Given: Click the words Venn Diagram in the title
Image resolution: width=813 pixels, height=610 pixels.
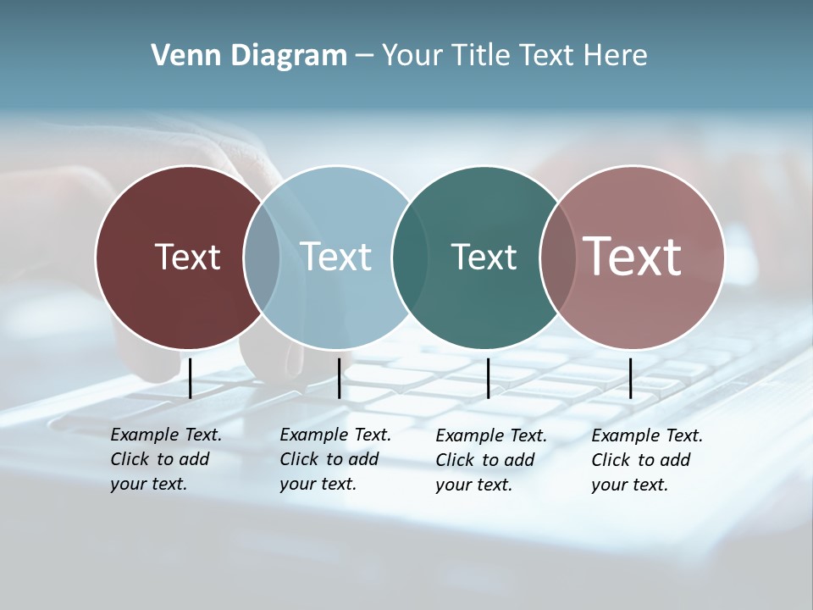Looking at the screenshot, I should click(x=249, y=56).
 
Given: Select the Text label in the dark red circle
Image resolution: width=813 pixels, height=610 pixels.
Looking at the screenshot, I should click(x=187, y=257).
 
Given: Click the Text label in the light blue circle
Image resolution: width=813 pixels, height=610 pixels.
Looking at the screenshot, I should click(x=336, y=257).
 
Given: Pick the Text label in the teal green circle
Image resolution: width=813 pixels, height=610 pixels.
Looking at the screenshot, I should click(x=484, y=257).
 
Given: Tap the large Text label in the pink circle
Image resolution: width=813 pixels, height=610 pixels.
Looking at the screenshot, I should click(x=632, y=256).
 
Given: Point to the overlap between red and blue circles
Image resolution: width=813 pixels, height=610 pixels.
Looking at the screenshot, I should click(x=262, y=257).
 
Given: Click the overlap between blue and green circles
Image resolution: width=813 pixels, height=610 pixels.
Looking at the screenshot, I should click(x=410, y=257).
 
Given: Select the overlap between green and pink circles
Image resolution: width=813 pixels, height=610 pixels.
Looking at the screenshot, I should click(x=557, y=257).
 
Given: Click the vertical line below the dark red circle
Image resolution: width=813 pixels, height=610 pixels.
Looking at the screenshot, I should click(x=190, y=378).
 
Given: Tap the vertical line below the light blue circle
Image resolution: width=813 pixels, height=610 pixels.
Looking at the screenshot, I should click(x=339, y=378).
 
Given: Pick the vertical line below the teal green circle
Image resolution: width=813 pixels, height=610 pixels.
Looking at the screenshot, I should click(x=488, y=378).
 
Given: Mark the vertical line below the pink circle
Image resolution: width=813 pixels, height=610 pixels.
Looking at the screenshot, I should click(x=630, y=378).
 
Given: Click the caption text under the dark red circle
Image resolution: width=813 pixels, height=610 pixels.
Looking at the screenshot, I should click(x=165, y=459).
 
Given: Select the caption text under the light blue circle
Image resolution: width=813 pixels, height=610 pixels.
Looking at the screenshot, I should click(x=335, y=459).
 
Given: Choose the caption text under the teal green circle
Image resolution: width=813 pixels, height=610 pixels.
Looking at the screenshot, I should click(x=490, y=460).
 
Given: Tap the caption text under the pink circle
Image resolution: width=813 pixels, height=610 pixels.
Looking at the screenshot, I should click(x=646, y=460).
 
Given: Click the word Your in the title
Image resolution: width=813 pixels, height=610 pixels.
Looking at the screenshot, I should click(x=413, y=56).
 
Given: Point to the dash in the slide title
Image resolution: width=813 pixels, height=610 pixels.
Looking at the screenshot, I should click(x=364, y=57).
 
